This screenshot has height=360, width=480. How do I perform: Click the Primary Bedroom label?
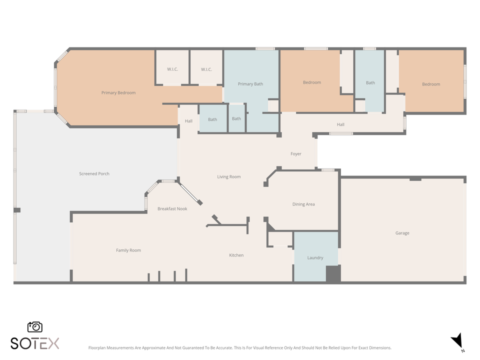(118, 92)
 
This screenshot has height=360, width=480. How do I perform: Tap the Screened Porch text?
(94, 173)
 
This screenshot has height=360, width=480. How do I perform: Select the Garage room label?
(402, 233)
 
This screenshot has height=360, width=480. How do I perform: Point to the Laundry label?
(315, 257)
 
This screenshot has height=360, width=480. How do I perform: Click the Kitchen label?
(236, 255)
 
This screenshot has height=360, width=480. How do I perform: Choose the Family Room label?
(128, 250)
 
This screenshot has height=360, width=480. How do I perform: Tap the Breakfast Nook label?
(172, 208)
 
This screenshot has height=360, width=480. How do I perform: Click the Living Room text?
(228, 176)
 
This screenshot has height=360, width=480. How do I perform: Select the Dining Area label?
(303, 204)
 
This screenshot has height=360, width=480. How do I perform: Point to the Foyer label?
(296, 153)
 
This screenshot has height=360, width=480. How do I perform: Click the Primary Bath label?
(250, 84)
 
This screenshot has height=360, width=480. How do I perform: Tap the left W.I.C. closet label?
(172, 69)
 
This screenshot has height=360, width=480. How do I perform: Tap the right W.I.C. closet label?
(206, 69)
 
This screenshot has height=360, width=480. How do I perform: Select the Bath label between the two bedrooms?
(370, 82)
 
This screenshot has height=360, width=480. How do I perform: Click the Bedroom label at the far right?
(430, 84)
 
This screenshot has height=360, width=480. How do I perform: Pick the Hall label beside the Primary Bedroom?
(188, 121)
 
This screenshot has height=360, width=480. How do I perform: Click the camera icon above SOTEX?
(35, 326)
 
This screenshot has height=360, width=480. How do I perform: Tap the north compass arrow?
(457, 341)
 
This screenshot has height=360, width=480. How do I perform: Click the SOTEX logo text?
(35, 343)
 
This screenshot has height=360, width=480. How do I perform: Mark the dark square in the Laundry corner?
(333, 274)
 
